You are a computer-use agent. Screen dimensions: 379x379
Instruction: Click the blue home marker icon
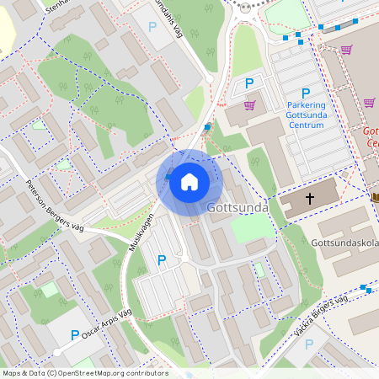[189, 181]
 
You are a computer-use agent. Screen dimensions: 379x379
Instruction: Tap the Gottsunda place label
[238, 207]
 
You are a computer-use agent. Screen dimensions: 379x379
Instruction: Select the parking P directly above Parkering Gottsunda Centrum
[306, 93]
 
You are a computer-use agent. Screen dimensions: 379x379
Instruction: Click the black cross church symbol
[309, 200]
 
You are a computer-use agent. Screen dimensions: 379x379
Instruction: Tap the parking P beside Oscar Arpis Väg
[74, 334]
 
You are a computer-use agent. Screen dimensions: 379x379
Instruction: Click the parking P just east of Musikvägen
[162, 260]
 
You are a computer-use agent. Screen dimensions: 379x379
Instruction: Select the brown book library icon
[375, 197]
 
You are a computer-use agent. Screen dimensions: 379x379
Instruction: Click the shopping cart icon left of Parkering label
[249, 105]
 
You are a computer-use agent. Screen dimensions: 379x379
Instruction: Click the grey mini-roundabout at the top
[247, 7]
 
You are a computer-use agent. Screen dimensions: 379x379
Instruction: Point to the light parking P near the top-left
[152, 27]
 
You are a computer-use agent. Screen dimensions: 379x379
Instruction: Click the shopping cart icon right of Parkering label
[369, 103]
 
